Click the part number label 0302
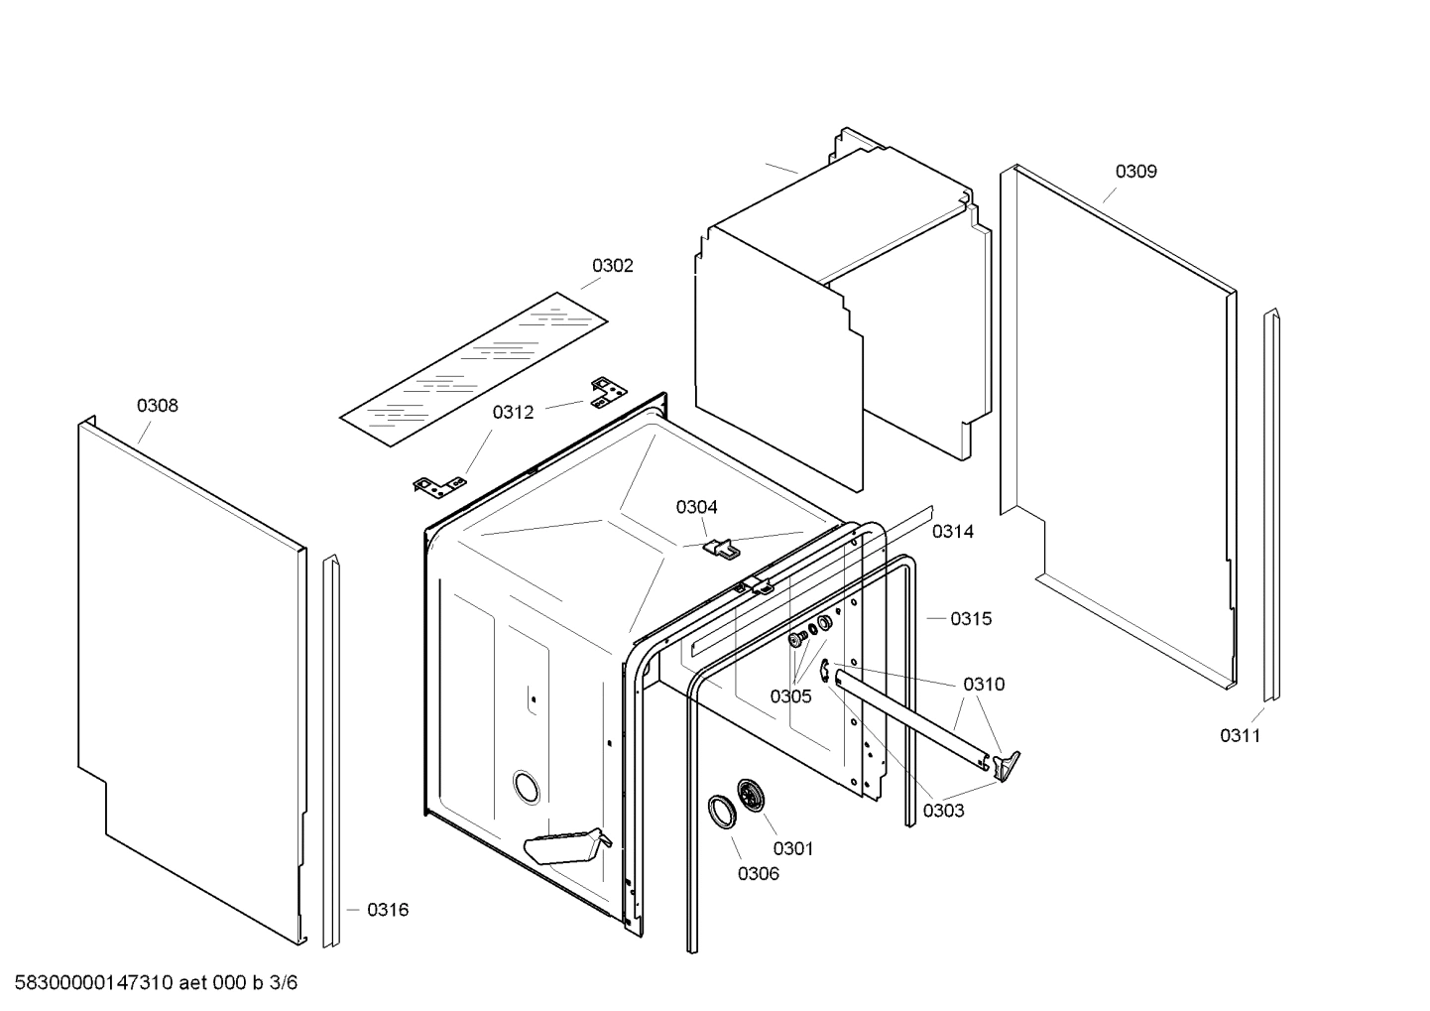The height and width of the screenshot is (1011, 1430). [x=612, y=266]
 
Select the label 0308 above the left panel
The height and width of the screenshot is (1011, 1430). [x=158, y=405]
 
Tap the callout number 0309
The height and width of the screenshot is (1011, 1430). [x=1135, y=171]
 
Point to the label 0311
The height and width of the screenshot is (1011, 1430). [x=1240, y=735]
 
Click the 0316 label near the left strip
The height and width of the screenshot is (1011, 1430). [x=387, y=910]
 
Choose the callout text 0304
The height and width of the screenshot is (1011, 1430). [x=696, y=507]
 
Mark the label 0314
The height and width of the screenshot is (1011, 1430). [x=952, y=532]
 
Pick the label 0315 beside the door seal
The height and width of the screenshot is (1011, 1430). [x=970, y=619]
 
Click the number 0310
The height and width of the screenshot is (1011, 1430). [x=983, y=685]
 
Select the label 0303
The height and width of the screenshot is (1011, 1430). [x=943, y=811]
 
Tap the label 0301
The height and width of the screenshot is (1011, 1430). [x=792, y=848]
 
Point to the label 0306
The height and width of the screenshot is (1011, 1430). [x=758, y=873]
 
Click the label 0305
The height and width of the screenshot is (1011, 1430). [x=790, y=695]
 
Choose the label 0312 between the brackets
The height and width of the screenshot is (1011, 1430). [x=513, y=413]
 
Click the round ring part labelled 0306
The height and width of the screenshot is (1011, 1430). [x=722, y=811]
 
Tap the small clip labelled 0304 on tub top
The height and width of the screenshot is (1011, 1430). [x=722, y=547]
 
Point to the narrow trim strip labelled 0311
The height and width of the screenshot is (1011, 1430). [x=1270, y=506]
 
